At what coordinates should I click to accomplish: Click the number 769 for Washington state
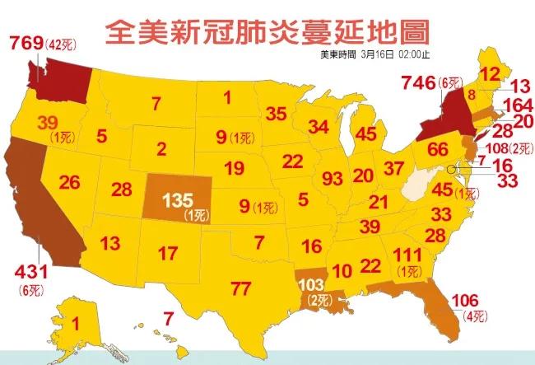pos(26,44)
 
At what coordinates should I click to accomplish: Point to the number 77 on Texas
pos(241,288)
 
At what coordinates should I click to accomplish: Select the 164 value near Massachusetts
pos(517,105)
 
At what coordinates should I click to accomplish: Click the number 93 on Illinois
pos(333,177)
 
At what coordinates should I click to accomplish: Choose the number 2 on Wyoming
pos(161,150)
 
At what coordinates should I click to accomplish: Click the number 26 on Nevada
pos(69,182)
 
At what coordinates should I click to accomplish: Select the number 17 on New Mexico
pos(168,252)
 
